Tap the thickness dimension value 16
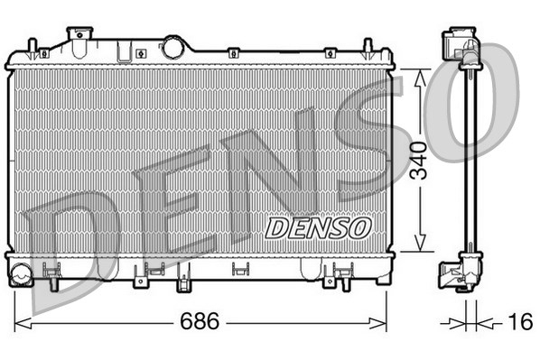(520, 321)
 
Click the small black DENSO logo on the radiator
(317, 226)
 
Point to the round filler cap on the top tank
(172, 45)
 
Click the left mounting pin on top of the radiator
(33, 48)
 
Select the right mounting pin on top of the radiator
(368, 48)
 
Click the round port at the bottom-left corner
(21, 272)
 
